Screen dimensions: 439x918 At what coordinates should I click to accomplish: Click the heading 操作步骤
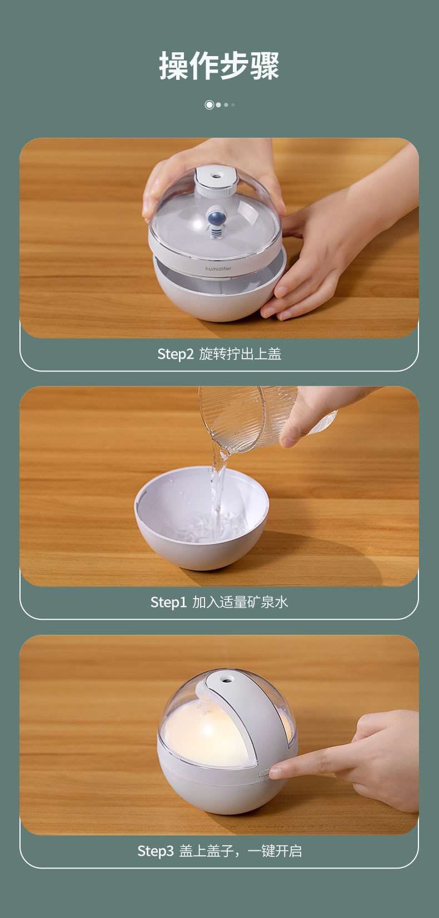tap(219, 66)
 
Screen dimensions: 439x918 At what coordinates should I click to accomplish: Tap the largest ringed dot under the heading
tap(209, 105)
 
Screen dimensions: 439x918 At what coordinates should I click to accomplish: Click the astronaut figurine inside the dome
tap(216, 222)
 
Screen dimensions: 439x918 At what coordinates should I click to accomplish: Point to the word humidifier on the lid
tap(218, 269)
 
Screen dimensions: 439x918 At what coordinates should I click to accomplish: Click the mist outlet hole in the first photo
tap(215, 176)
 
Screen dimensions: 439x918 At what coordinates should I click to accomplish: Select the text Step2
tap(176, 354)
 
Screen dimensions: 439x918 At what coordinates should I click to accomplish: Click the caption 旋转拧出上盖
tap(240, 354)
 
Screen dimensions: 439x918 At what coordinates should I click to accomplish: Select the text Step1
tap(168, 602)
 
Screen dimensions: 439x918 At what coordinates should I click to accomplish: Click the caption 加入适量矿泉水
tap(240, 602)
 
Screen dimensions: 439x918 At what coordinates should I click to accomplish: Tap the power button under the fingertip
tap(264, 773)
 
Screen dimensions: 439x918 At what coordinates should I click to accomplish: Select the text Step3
tap(156, 851)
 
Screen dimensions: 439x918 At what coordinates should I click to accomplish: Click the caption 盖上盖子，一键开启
tap(240, 851)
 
